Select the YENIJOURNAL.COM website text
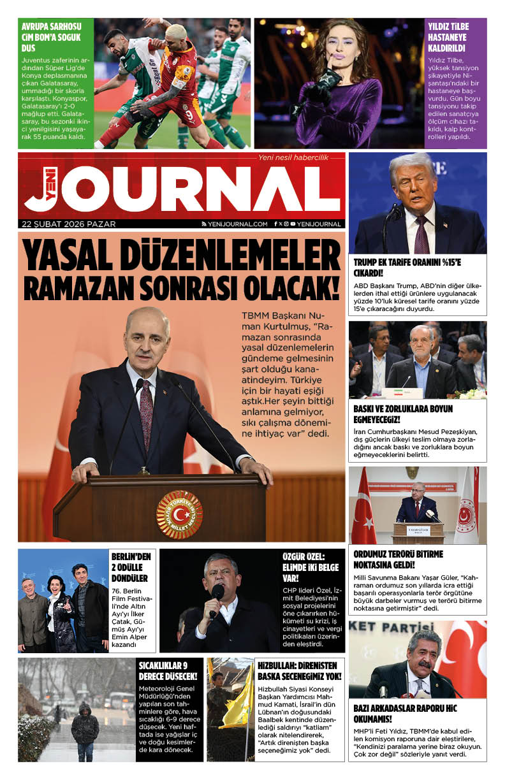coord(237,224)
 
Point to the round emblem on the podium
coord(179,514)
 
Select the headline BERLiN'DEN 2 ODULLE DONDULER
coord(131,567)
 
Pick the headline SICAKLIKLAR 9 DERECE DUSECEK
coord(168,672)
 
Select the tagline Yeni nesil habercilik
coord(293,157)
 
